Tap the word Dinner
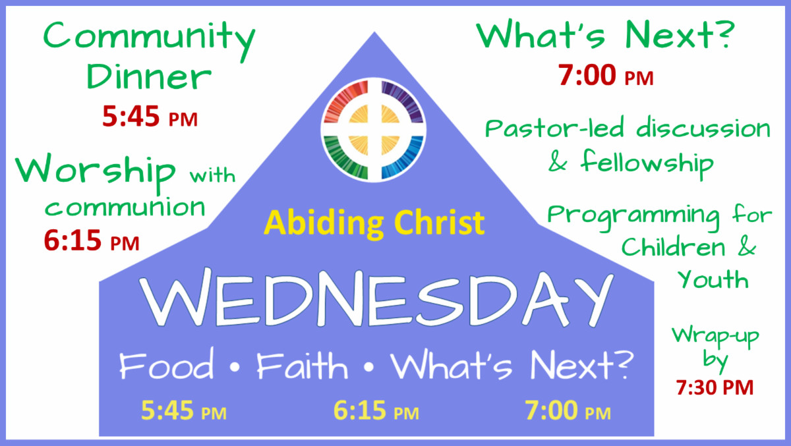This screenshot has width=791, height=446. (150, 78)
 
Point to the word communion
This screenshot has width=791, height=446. (125, 207)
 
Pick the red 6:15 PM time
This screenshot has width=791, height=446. (92, 242)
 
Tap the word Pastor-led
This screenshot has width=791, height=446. (556, 128)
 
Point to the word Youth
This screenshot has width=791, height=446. (713, 279)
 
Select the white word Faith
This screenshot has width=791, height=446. (303, 366)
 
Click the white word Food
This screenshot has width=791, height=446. (167, 366)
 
